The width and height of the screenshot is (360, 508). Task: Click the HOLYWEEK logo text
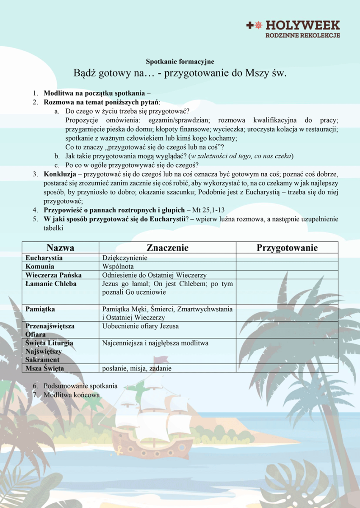click(x=303, y=25)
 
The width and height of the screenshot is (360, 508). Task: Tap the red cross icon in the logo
click(x=249, y=25)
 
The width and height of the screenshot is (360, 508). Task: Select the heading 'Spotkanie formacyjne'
click(x=180, y=62)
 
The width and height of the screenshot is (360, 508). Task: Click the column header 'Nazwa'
click(x=61, y=248)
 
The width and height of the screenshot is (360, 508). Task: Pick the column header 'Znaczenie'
click(x=167, y=248)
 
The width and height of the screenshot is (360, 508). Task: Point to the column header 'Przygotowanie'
click(x=287, y=248)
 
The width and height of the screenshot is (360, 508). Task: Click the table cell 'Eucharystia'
click(x=44, y=258)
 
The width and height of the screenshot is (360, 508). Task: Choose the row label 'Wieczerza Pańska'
click(x=53, y=275)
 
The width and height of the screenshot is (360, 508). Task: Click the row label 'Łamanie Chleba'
click(x=51, y=284)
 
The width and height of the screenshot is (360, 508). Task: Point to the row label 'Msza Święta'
click(x=44, y=368)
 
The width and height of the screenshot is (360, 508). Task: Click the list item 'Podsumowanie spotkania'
click(x=80, y=386)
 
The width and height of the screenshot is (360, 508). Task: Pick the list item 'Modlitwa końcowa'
click(x=72, y=395)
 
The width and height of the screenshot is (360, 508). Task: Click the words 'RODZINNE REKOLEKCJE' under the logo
click(x=303, y=36)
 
